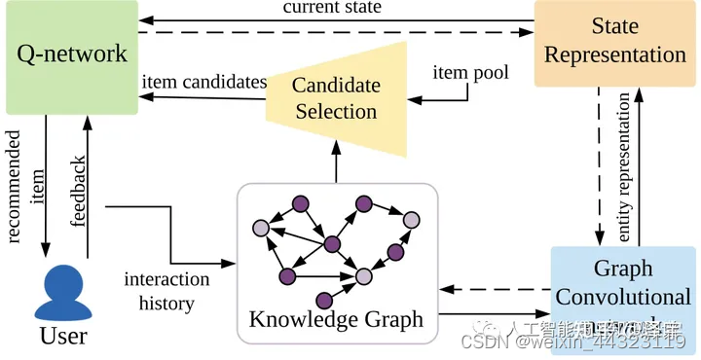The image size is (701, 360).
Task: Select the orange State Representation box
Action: tap(615, 42)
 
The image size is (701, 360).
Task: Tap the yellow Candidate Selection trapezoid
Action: tap(335, 98)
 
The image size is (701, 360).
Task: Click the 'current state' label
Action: tap(332, 8)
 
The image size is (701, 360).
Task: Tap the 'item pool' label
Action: tap(459, 73)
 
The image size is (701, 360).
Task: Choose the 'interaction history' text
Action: tap(166, 291)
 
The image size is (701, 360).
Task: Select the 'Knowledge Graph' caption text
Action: tap(336, 319)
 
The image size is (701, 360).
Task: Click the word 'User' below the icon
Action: tap(63, 337)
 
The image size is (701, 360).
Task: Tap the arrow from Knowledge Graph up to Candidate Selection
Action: tap(336, 163)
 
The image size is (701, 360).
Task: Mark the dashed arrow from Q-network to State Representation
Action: tap(331, 36)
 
